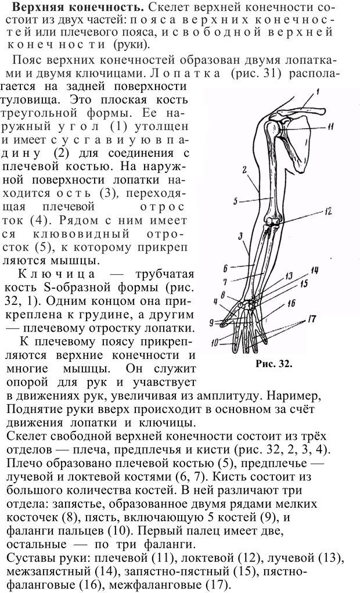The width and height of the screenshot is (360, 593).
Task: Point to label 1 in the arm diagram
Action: coord(318,91)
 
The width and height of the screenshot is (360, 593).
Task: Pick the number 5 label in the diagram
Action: coord(236,202)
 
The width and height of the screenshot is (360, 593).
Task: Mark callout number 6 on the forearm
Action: coord(224,268)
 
